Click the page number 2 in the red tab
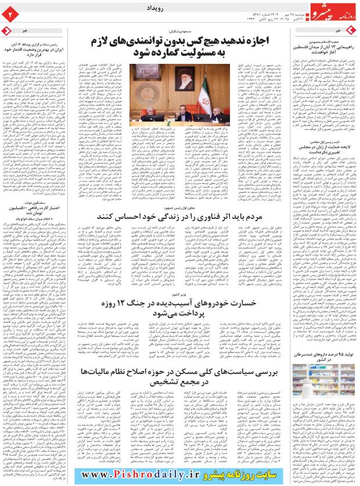(10, 11)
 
